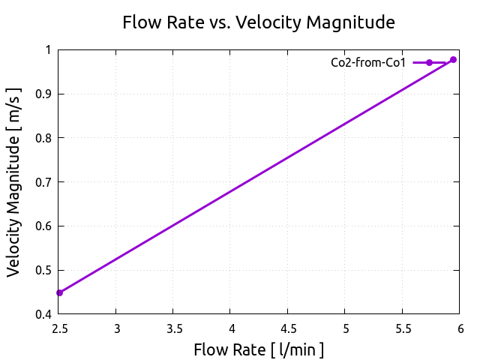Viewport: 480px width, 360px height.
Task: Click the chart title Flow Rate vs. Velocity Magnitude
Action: [x=259, y=23]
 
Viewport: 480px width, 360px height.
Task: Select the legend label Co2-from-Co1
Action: [x=367, y=63]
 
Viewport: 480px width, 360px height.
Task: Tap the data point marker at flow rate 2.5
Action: [x=59, y=292]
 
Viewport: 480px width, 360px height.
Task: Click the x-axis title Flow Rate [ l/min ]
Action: [x=259, y=349]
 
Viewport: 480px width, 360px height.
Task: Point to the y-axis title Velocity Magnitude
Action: [x=14, y=182]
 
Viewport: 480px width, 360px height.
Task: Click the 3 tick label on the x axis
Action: [x=116, y=328]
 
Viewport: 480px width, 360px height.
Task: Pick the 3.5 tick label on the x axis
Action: [x=173, y=328]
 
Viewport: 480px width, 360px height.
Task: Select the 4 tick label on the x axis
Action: [x=230, y=328]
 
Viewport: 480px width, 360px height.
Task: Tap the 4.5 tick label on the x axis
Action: [x=288, y=328]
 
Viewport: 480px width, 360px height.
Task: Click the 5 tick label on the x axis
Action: [x=345, y=328]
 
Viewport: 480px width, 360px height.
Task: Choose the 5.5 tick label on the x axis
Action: [x=402, y=328]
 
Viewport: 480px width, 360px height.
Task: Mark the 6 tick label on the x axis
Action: [x=460, y=328]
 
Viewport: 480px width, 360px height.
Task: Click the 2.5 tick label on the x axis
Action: [x=59, y=328]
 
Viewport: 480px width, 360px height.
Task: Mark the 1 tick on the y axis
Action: [x=47, y=50]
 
